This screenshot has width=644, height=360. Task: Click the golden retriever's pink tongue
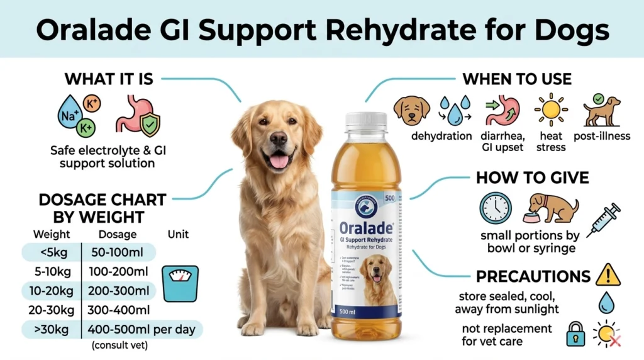pos(279,162)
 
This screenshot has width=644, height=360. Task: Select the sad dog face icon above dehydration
pos(411,111)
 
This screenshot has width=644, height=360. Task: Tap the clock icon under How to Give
pos(495,208)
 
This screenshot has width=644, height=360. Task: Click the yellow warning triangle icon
pos(608,275)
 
